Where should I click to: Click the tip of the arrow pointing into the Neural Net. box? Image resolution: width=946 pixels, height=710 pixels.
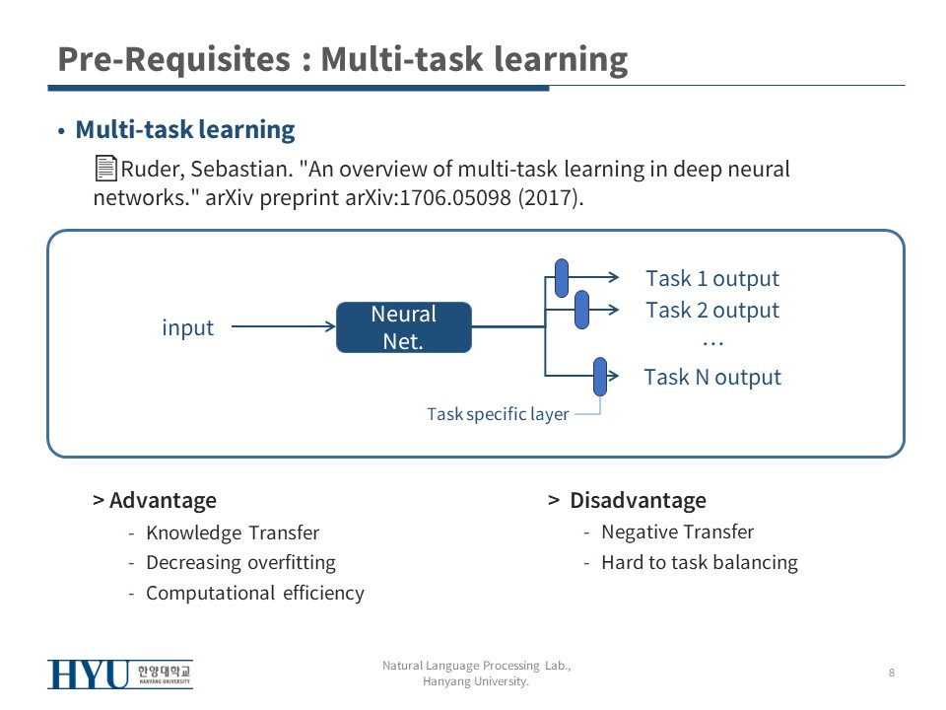click(335, 326)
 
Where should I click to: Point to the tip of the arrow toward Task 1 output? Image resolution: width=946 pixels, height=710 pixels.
click(619, 277)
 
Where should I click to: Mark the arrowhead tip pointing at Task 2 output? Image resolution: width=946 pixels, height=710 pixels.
click(619, 310)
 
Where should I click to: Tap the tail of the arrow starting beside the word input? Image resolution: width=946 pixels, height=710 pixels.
click(232, 326)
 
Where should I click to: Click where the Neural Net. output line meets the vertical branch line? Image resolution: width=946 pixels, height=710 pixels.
click(545, 326)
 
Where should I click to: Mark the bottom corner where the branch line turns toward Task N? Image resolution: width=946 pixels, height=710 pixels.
click(545, 376)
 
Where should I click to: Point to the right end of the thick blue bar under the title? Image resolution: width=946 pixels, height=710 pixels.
click(549, 88)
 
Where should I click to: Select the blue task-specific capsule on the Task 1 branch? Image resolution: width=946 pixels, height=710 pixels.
click(562, 278)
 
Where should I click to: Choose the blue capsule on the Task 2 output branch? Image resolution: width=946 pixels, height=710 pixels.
click(581, 310)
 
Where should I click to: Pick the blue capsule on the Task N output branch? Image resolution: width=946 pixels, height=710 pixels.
click(600, 377)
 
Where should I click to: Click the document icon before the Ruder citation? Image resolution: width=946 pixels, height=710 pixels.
click(105, 168)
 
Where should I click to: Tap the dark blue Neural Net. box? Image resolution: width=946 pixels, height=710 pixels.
click(404, 327)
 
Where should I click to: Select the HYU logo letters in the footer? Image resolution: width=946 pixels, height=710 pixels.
click(89, 674)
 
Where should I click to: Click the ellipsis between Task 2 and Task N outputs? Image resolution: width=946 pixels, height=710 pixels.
click(712, 344)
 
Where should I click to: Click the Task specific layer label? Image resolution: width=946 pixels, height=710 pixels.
click(498, 414)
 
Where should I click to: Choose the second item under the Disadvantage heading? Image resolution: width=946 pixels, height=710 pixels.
click(700, 563)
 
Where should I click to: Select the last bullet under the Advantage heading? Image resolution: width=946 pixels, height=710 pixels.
click(255, 593)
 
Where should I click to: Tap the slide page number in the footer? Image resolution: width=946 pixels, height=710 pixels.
click(892, 673)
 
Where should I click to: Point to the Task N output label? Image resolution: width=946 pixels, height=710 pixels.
click(712, 377)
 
